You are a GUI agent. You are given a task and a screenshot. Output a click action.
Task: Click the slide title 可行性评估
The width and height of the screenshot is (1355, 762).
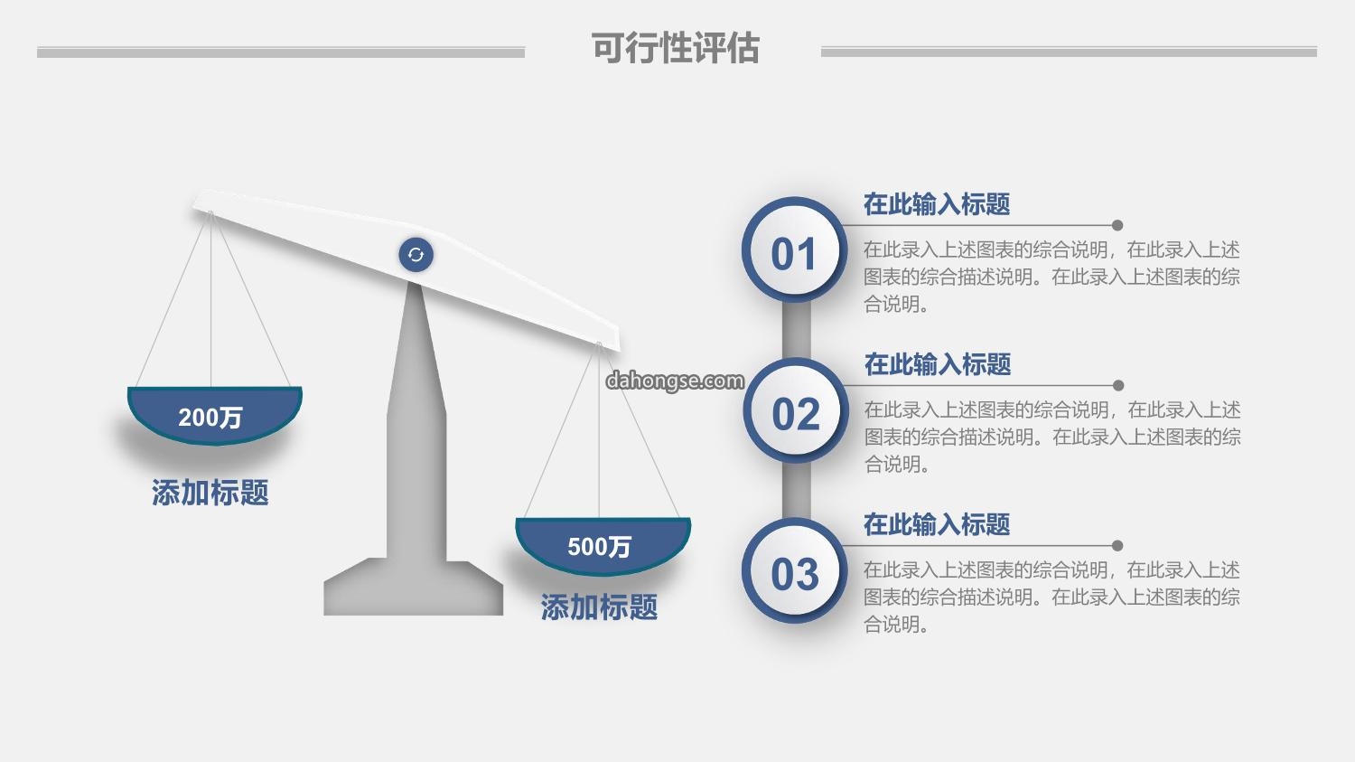pos(675,48)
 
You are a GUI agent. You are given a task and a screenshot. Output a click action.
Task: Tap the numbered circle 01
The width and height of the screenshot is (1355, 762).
pos(794,249)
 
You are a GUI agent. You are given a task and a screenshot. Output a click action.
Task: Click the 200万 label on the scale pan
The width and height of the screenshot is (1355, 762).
pos(210,417)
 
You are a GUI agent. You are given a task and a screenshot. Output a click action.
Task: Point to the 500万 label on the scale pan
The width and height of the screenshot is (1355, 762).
pos(599,547)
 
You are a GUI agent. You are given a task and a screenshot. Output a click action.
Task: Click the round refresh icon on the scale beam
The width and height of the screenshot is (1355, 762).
pos(416,255)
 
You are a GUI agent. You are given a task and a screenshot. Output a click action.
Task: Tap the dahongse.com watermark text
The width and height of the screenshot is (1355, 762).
pos(675,381)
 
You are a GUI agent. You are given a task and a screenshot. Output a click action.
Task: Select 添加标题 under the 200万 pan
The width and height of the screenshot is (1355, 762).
pos(210,492)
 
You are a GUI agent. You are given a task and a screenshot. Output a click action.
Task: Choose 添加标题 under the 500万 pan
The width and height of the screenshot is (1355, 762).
pos(599,607)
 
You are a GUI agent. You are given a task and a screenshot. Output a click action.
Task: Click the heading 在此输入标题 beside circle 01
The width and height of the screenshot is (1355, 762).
pos(937,204)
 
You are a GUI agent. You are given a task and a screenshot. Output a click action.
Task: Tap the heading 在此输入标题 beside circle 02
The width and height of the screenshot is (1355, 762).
pos(938,364)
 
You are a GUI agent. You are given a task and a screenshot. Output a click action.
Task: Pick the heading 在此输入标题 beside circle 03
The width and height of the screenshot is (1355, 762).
pos(937,524)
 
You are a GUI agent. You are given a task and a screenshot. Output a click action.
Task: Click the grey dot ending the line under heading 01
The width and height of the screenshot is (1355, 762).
pos(1117,225)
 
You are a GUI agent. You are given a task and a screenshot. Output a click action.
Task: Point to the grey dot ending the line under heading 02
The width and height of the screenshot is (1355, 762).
pos(1118,386)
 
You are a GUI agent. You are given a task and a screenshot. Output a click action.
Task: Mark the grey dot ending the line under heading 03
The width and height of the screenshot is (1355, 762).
pos(1117,545)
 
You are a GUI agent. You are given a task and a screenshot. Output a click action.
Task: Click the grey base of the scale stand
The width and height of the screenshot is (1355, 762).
pos(413,588)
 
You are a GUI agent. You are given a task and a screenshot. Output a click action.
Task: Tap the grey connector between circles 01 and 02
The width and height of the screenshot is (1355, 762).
pos(796,330)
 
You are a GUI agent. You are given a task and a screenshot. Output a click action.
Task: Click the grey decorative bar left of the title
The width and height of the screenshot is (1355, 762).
pos(281,52)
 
